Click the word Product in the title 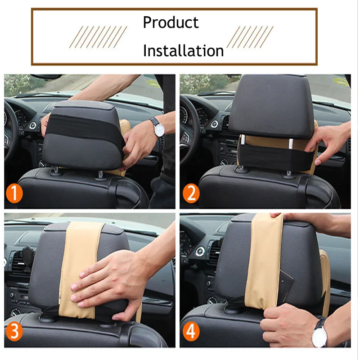pos(171,22)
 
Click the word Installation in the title pos(183,51)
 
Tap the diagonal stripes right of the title pos(250,37)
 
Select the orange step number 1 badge pos(15,195)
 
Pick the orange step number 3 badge pos(14,333)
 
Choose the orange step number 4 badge pos(191,333)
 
